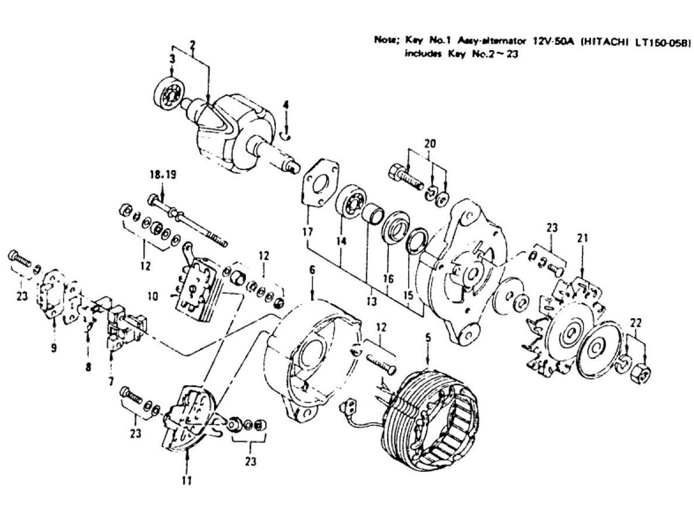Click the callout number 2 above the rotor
192,45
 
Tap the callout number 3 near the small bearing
172,60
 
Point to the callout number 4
286,105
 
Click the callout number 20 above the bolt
428,144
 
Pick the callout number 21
582,238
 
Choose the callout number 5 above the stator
428,336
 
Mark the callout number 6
312,269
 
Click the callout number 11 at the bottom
186,481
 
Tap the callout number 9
54,348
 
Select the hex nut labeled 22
644,370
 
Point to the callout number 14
340,240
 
